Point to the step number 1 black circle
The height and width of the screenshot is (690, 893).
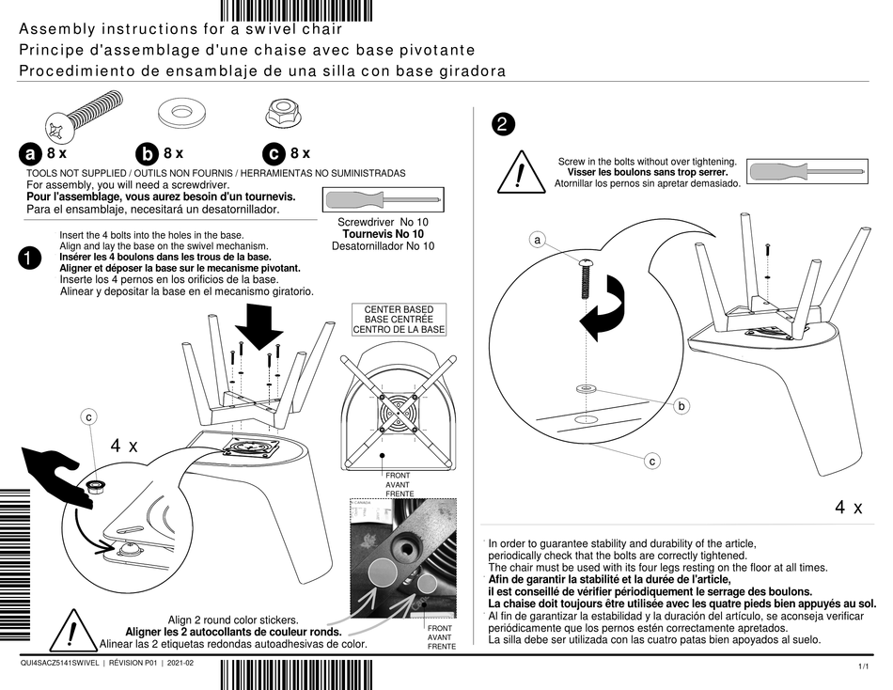point(30,259)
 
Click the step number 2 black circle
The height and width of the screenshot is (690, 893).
point(504,123)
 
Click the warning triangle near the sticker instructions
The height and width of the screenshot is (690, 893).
point(71,632)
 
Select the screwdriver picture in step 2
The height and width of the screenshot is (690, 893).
point(807,172)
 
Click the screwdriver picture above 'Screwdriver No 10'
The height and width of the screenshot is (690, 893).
point(383,200)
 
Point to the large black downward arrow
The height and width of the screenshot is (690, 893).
point(258,328)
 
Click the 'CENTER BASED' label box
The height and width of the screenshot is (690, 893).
point(399,320)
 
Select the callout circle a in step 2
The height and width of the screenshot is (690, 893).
point(537,241)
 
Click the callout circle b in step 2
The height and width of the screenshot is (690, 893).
point(682,406)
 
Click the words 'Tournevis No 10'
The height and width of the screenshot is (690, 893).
point(383,233)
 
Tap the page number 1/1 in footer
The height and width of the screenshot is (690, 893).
point(864,666)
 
